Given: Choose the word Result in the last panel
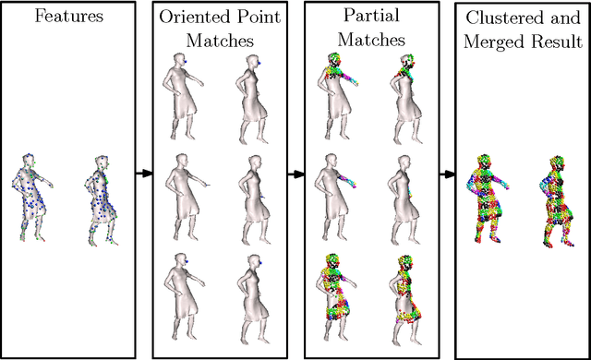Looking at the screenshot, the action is pyautogui.click(x=558, y=42).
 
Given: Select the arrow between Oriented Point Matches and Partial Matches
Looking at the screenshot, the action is pyautogui.click(x=295, y=173).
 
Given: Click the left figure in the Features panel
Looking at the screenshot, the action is pyautogui.click(x=33, y=197).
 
